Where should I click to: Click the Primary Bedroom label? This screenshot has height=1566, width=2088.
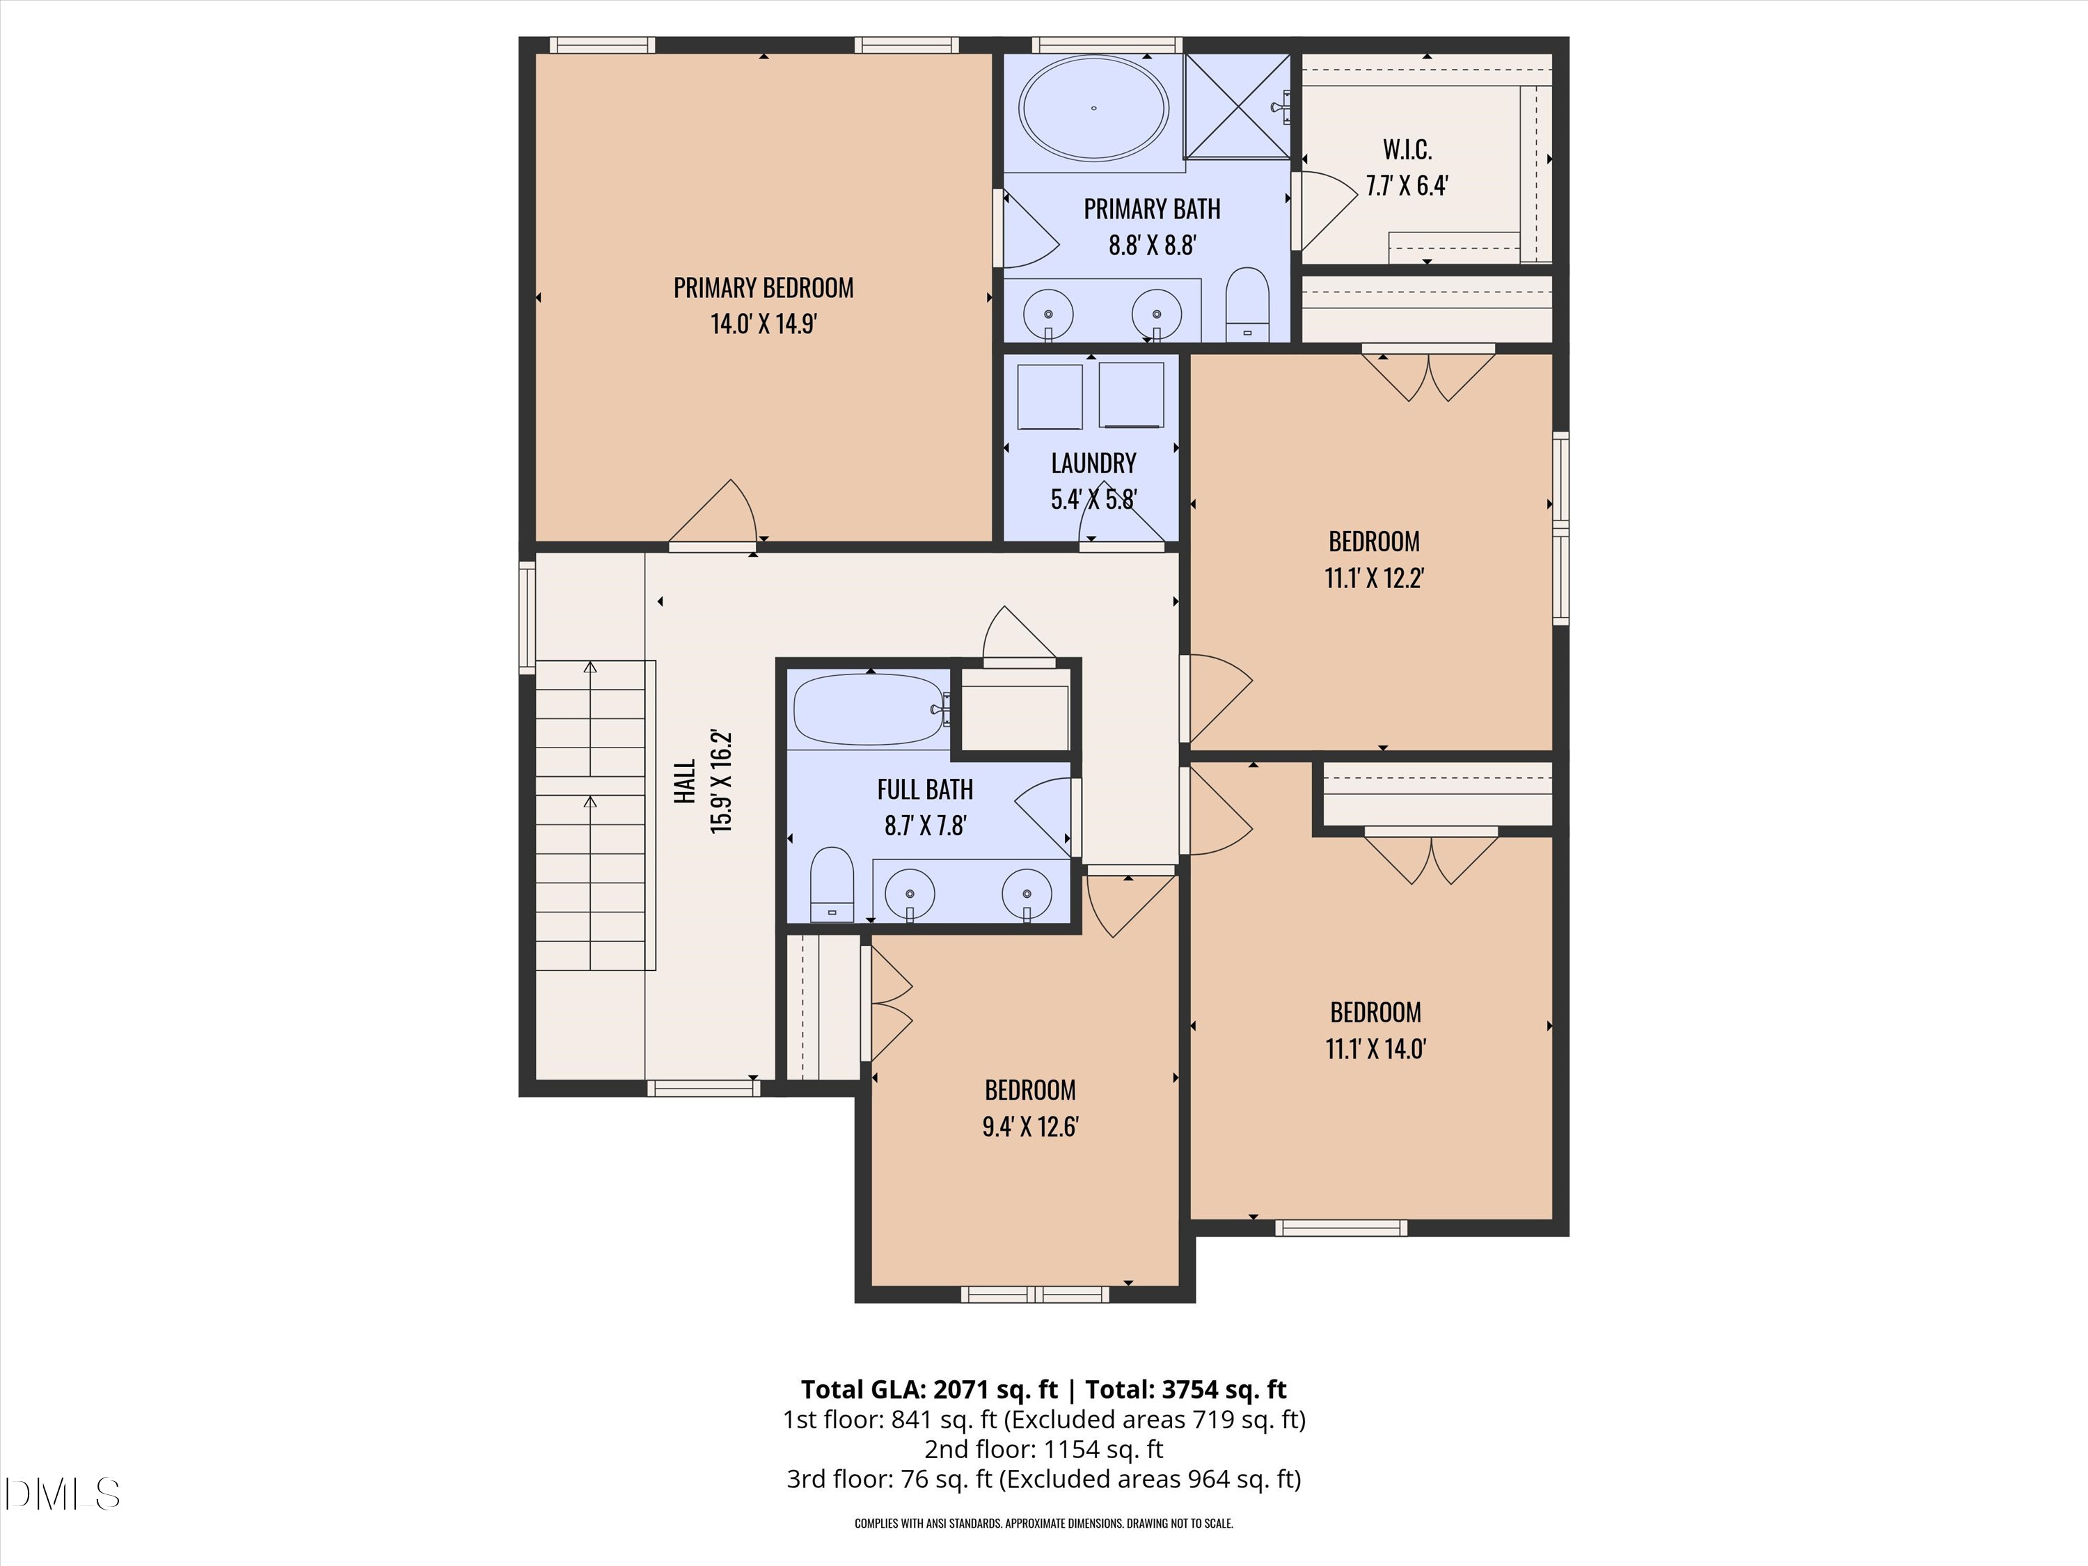(763, 288)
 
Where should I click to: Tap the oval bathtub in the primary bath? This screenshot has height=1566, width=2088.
(1094, 108)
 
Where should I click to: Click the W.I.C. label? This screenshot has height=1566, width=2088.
(1407, 149)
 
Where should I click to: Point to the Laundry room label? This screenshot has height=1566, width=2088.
(1093, 463)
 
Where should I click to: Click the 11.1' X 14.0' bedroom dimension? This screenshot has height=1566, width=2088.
(1375, 1049)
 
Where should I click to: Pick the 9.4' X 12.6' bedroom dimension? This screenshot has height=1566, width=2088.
(1030, 1126)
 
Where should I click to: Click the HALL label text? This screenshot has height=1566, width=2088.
(686, 781)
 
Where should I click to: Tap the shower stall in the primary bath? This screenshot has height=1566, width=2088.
(1237, 106)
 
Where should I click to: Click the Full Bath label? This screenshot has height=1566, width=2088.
(924, 789)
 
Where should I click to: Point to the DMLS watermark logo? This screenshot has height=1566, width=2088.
(61, 1494)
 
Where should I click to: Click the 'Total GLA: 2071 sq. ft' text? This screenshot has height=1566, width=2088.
(929, 1389)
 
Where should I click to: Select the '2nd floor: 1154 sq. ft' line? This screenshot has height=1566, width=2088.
(1043, 1449)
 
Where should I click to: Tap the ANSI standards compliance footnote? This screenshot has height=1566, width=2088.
(1044, 1523)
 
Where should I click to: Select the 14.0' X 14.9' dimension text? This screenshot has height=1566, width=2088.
(763, 324)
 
